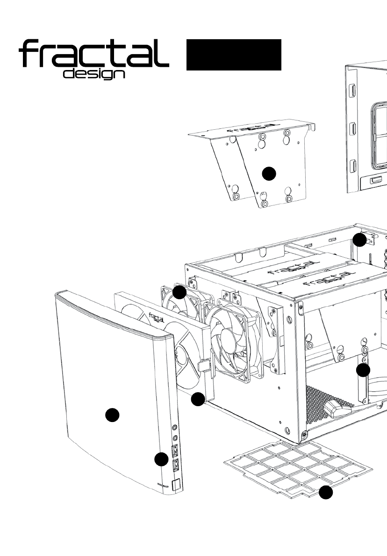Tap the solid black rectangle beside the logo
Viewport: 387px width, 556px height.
coord(234,55)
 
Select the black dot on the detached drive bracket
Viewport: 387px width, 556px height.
coord(268,174)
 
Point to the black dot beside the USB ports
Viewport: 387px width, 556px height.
coord(161,459)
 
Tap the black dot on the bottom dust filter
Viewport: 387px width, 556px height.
coord(326,493)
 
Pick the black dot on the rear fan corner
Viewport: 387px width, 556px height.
coord(179,293)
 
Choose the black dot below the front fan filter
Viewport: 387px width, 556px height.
coord(198,399)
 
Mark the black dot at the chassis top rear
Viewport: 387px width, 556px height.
coord(359,240)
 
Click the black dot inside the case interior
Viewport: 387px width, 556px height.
coord(363,371)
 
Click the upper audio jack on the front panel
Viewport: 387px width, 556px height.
coord(174,427)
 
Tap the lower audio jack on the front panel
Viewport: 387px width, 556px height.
coord(175,437)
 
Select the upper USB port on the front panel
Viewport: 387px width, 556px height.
coord(176,450)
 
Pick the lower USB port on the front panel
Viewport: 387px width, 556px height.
coord(177,465)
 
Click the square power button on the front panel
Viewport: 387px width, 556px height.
coord(176,486)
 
